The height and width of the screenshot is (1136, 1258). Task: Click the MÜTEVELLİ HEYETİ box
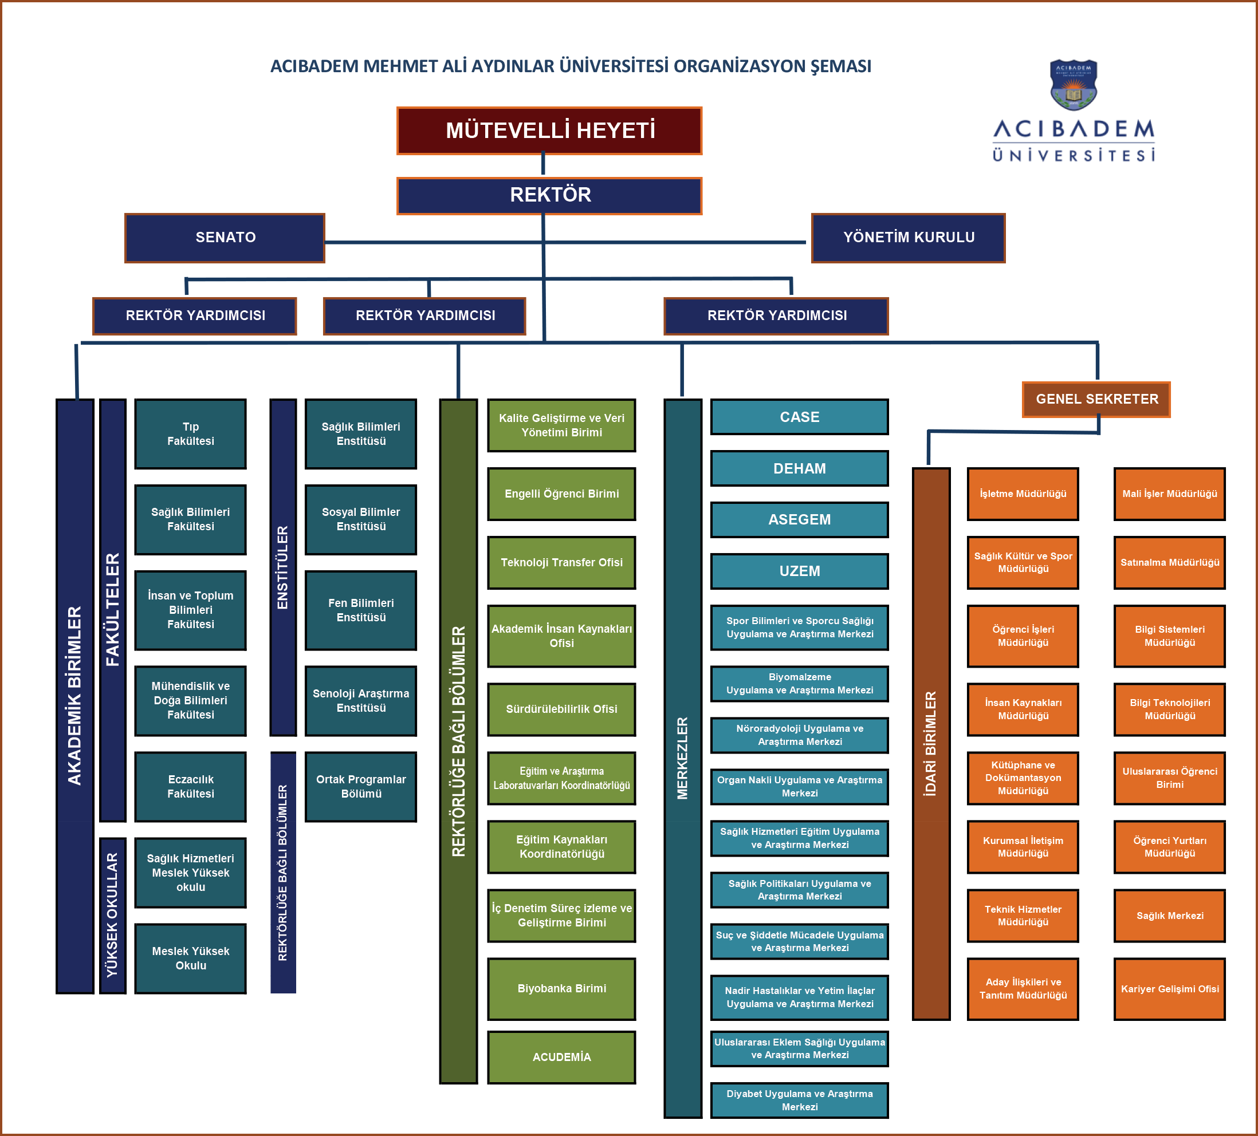(x=549, y=131)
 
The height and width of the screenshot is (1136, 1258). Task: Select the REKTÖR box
(x=549, y=195)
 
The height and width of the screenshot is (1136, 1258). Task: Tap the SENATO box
(x=225, y=238)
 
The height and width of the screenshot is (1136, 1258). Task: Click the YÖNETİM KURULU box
(x=908, y=238)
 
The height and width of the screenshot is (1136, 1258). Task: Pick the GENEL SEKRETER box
(x=1096, y=399)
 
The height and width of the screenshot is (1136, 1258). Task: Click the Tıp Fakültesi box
(x=190, y=434)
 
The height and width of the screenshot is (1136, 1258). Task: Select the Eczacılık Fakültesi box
(x=190, y=787)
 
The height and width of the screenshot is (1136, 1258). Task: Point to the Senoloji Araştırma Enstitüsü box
(x=361, y=701)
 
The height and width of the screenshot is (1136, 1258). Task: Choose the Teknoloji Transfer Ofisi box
(x=561, y=563)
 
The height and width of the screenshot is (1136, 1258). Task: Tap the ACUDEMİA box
(x=561, y=1057)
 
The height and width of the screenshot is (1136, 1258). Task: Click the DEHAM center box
(x=799, y=468)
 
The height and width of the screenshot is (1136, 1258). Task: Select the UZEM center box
(x=799, y=571)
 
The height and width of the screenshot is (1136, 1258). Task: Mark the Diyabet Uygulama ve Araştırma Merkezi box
(x=799, y=1100)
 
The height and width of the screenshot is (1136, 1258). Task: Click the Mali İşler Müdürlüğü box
(x=1169, y=494)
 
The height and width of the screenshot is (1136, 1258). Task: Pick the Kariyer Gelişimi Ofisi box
(x=1169, y=989)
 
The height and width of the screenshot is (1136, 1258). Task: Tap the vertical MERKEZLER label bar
(x=683, y=758)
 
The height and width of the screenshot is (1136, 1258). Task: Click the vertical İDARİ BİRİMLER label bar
(x=930, y=744)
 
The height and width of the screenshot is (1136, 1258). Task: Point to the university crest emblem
(x=1074, y=85)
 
